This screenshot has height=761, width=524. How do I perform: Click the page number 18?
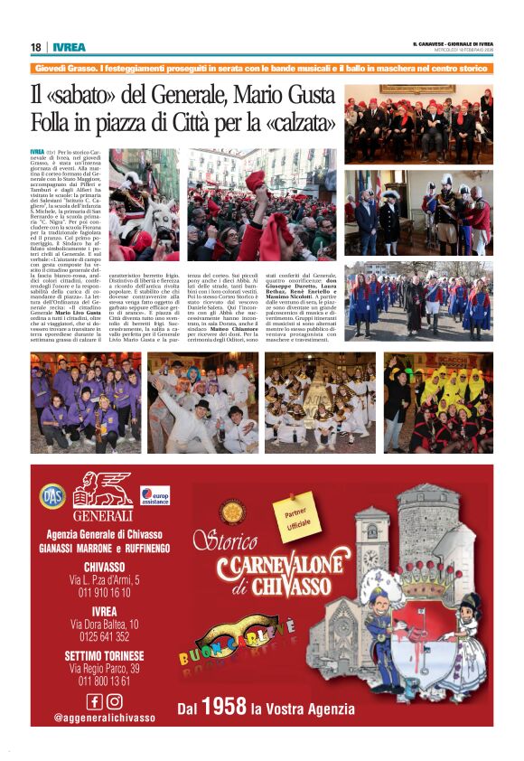(x=36, y=48)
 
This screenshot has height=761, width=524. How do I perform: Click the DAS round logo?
(x=51, y=495)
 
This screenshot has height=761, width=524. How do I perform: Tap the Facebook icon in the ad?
(x=94, y=700)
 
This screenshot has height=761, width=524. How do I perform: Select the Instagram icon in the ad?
(x=114, y=700)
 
